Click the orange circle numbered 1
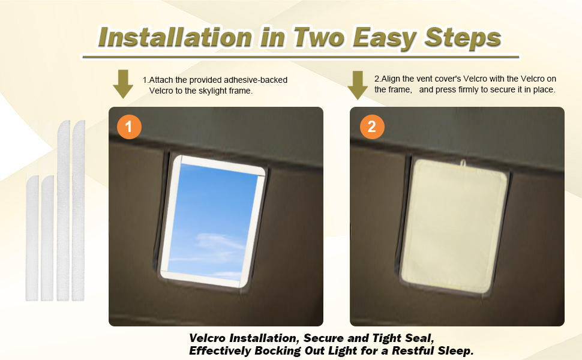[x=130, y=127]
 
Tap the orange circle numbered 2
[x=371, y=127]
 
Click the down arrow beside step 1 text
[x=123, y=84]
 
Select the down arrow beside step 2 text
[x=358, y=85]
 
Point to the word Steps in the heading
[x=462, y=37]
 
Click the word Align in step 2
[x=393, y=79]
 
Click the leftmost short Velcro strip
[x=32, y=238]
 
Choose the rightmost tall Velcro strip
[x=79, y=210]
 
